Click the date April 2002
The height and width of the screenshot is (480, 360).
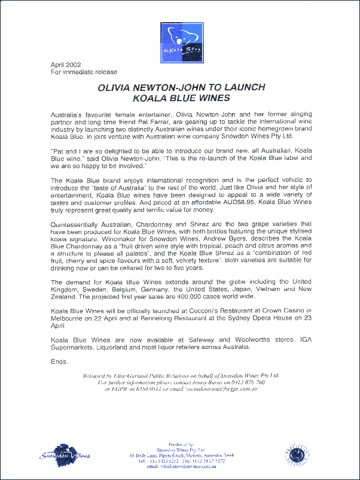coord(65,65)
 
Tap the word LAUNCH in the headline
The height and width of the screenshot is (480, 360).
coord(242,87)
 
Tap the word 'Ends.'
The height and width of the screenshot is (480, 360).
coord(59,362)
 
